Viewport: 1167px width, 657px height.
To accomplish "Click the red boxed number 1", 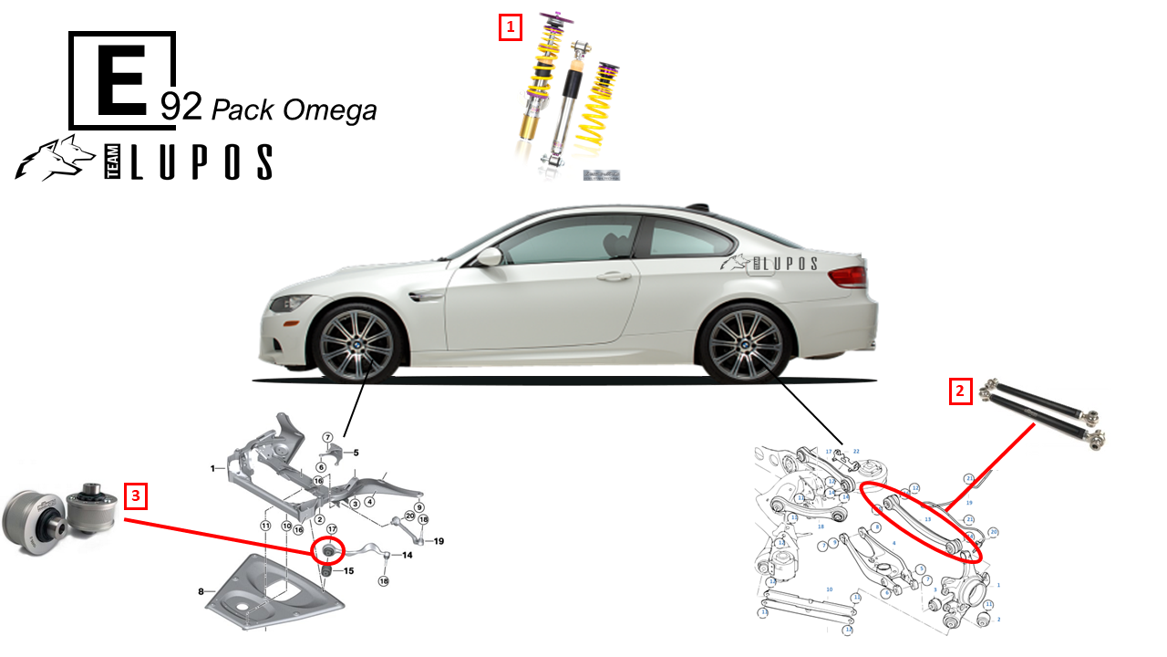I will tap(510, 27).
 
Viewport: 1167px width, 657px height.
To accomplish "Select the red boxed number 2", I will tap(959, 391).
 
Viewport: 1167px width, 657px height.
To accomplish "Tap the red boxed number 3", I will tap(136, 496).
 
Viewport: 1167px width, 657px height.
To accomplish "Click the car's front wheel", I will tap(357, 345).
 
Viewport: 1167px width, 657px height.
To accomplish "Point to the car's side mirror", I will tap(490, 256).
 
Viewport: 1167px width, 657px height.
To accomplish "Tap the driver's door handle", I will tap(614, 276).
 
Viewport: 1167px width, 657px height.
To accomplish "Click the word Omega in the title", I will tap(329, 110).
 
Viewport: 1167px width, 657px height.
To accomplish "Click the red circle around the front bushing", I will tap(328, 551).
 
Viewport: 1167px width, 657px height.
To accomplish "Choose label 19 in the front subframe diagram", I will tap(439, 541).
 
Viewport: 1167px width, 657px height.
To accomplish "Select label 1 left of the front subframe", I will tap(212, 468).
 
